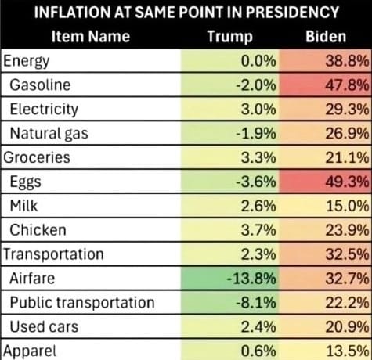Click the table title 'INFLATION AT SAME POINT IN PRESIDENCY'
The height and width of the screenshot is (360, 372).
click(186, 13)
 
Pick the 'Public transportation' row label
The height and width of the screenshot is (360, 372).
click(82, 302)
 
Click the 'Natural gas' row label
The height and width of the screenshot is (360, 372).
click(47, 133)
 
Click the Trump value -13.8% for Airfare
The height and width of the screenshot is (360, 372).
click(252, 278)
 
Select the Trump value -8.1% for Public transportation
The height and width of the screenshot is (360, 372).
click(256, 302)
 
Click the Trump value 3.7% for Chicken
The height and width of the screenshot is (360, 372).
click(258, 230)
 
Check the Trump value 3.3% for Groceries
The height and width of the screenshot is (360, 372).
click(258, 157)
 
